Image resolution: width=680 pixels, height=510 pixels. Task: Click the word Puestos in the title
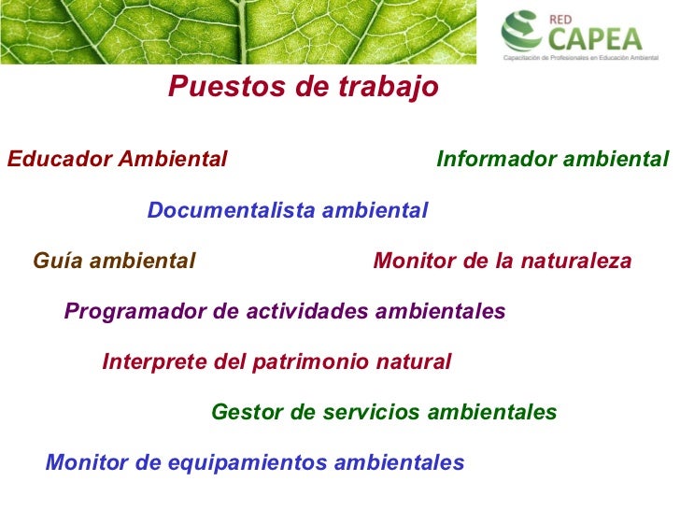226,86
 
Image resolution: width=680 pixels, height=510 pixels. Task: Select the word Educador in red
61,158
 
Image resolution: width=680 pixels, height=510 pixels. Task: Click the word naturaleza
576,261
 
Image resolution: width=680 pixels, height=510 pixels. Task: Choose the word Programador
135,311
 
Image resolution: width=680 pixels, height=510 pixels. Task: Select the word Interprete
154,361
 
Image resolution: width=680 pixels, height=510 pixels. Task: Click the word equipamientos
248,462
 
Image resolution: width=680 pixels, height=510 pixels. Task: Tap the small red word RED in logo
560,20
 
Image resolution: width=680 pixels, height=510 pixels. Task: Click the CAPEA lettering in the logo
595,39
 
